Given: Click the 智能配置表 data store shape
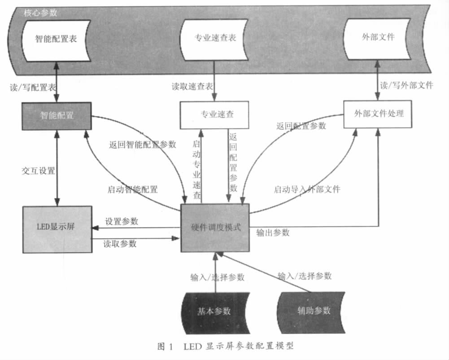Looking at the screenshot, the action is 57,40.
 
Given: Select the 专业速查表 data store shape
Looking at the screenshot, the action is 214,40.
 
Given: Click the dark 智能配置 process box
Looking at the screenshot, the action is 57,116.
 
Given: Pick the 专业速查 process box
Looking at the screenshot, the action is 214,115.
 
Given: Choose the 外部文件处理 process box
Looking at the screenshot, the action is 378,114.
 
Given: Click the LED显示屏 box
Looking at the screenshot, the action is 57,229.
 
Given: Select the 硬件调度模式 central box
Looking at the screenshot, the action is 215,228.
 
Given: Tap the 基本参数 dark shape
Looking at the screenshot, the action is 215,313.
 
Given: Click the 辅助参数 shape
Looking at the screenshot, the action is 311,312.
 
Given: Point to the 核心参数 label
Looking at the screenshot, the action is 40,13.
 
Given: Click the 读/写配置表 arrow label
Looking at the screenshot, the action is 33,87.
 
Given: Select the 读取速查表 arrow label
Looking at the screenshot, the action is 192,86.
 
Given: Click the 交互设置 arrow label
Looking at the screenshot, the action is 39,171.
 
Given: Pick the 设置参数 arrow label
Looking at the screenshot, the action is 122,221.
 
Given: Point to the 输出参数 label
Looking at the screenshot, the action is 273,233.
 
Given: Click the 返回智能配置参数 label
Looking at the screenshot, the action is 142,145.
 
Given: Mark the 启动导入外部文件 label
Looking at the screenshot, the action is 307,189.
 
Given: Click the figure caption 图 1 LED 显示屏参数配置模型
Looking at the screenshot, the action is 226,346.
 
